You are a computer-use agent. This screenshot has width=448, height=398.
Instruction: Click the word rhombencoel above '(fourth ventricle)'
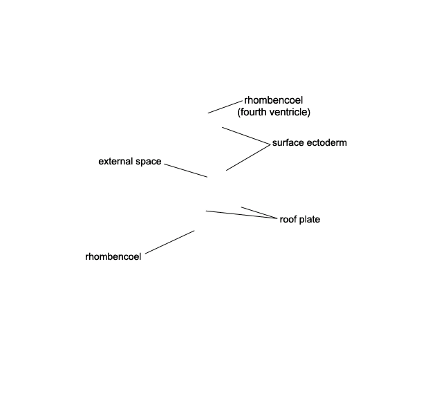[273, 100]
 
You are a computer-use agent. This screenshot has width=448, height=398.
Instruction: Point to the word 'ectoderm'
[325, 143]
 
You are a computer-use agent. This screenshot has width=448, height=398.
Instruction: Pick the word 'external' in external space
[115, 161]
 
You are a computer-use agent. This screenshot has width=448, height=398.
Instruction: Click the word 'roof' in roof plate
[288, 219]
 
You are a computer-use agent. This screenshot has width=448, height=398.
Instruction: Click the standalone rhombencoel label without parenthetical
[113, 256]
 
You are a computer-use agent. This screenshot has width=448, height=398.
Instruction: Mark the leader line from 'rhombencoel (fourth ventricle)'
[225, 107]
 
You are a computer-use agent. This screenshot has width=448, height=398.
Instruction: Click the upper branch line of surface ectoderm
[246, 136]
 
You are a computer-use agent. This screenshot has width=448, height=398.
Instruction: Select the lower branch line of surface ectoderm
[248, 158]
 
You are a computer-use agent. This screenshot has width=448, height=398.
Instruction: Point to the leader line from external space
[186, 171]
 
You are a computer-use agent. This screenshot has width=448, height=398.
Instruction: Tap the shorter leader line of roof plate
[259, 213]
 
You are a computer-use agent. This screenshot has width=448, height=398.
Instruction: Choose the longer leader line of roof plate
[241, 215]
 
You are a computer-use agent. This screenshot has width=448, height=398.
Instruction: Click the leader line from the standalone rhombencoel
[169, 242]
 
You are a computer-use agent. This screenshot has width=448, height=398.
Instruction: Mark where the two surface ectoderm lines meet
[270, 144]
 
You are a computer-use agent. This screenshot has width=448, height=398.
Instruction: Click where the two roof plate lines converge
[277, 219]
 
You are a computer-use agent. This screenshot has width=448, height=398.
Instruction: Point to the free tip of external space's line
[207, 177]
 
